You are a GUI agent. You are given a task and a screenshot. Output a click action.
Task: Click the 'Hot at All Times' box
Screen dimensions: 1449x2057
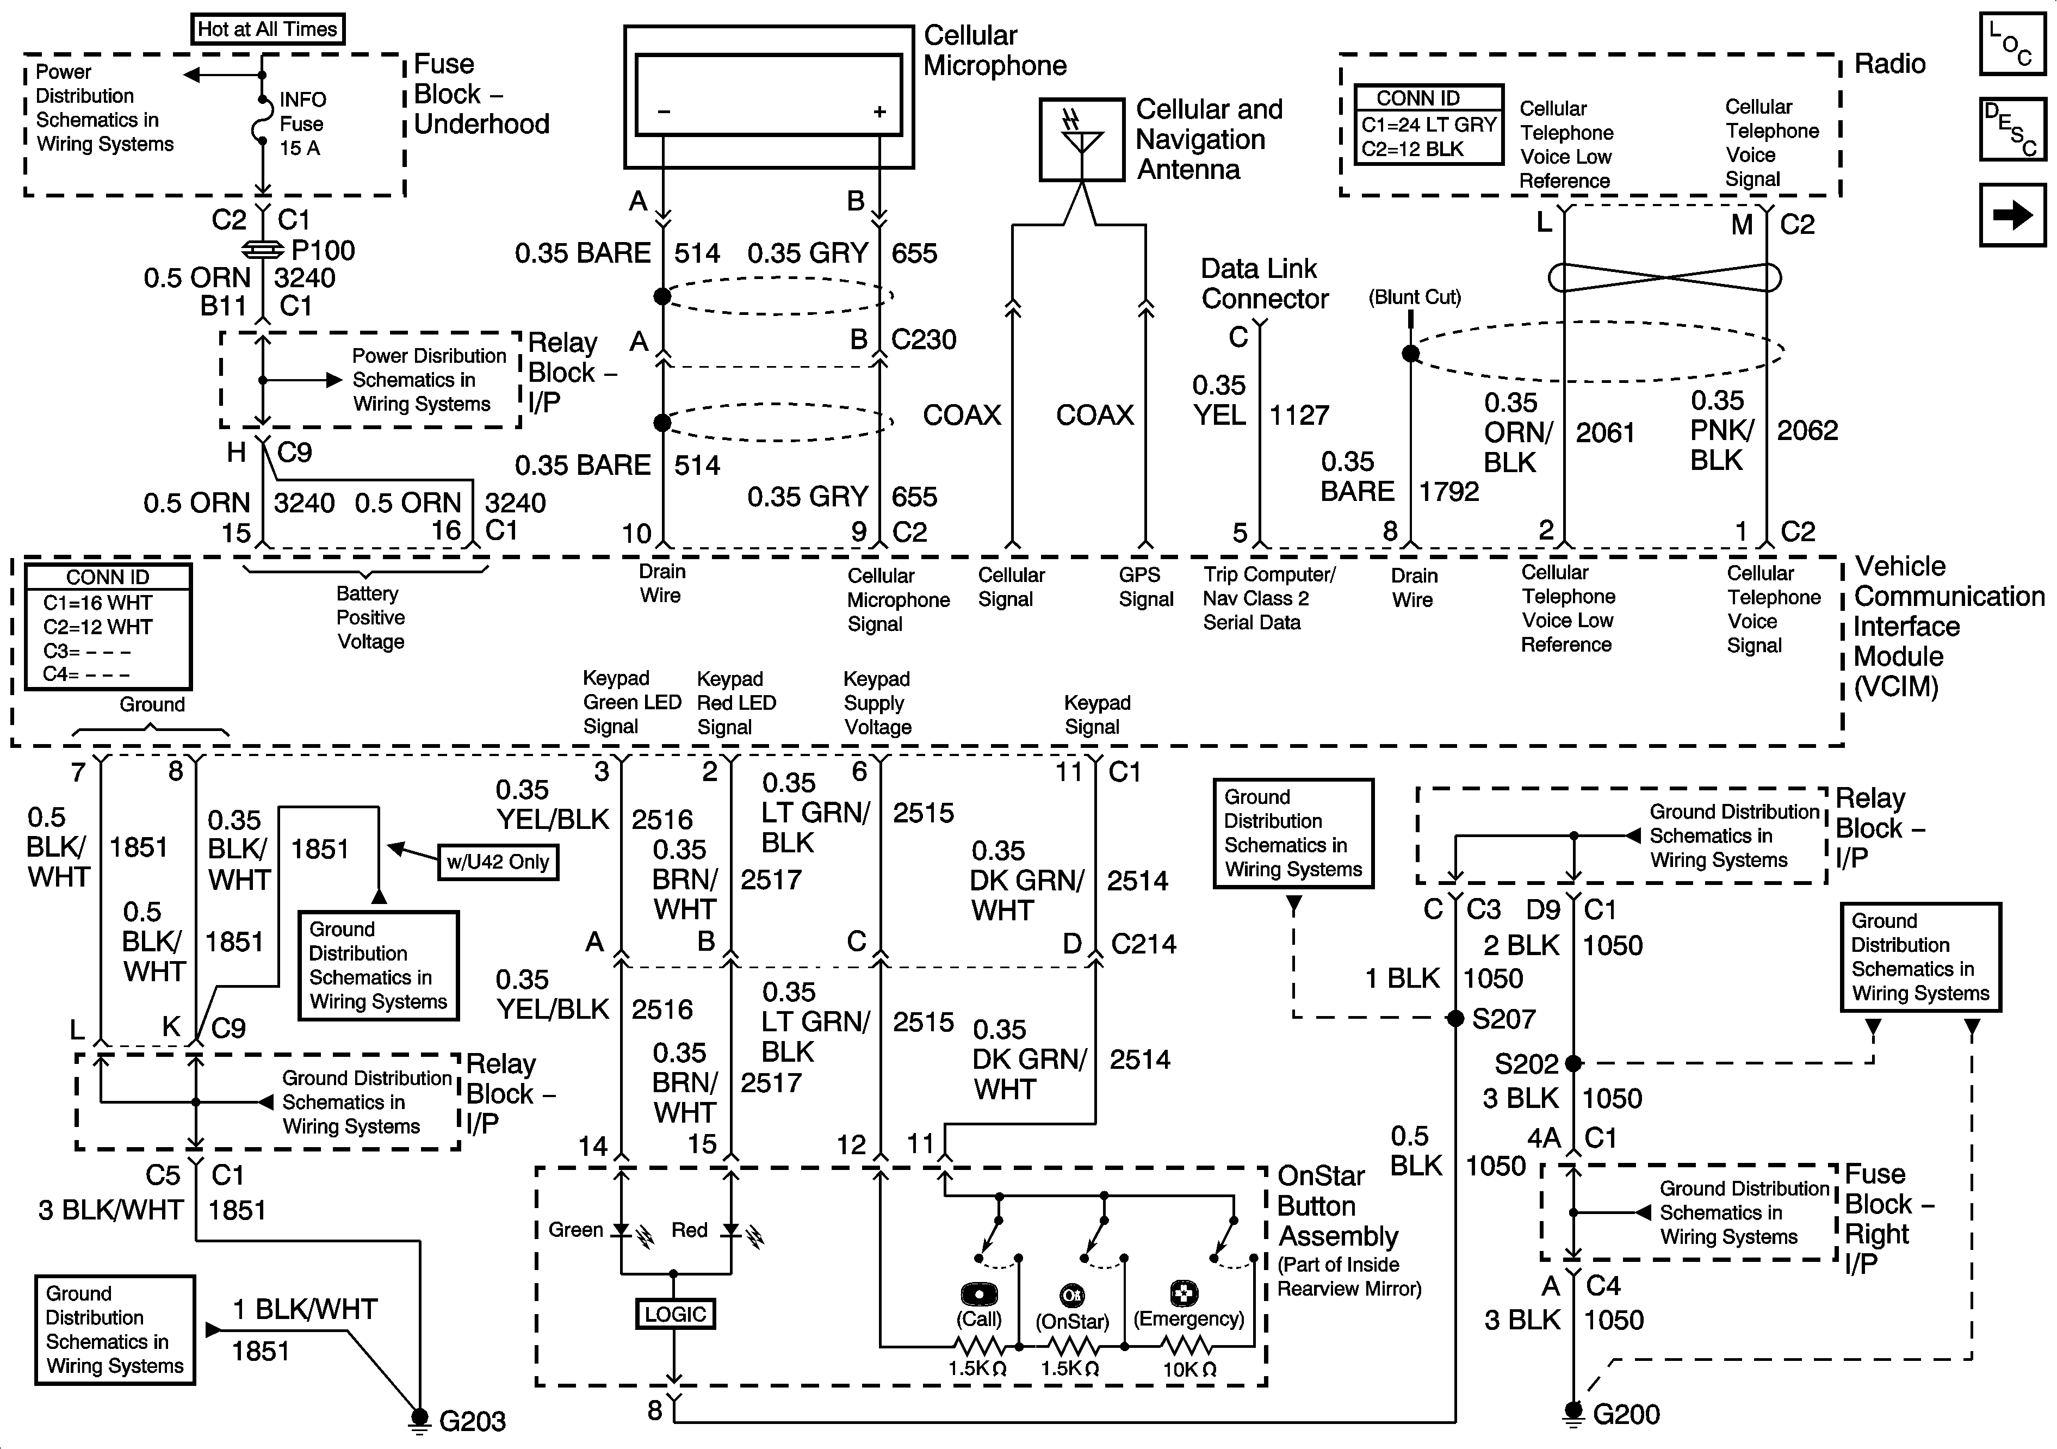[267, 29]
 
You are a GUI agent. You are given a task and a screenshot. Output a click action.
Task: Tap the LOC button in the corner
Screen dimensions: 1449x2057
[2012, 43]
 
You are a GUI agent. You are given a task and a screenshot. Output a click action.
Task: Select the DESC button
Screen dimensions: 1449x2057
[2012, 129]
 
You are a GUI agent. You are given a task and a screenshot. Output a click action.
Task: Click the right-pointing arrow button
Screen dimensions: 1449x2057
[2012, 215]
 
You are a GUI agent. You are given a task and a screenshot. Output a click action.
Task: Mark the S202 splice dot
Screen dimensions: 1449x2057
[1573, 1064]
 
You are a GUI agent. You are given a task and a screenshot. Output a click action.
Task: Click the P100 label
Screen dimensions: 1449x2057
[323, 250]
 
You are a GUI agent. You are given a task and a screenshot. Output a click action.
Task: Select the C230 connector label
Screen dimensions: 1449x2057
[924, 339]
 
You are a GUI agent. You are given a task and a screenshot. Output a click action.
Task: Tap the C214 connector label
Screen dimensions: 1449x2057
[1143, 944]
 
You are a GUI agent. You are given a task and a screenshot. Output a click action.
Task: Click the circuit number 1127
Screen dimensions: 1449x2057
[1299, 415]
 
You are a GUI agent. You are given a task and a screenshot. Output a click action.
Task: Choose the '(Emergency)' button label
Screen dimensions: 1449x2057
[1189, 1319]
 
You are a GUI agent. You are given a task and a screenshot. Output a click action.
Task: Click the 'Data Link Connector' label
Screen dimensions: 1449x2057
[1263, 283]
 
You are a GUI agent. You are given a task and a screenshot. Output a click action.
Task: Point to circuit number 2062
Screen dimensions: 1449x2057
[1807, 431]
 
